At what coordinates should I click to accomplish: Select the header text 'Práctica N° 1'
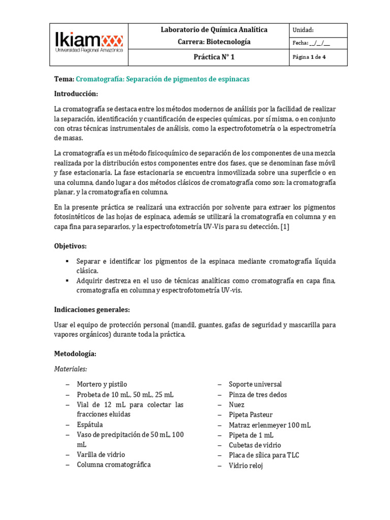(x=214, y=57)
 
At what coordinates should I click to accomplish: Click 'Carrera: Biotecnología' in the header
(x=214, y=42)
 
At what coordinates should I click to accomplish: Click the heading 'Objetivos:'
(x=71, y=246)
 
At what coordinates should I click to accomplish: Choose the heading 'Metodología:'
(x=75, y=353)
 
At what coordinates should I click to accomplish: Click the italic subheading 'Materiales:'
(x=71, y=369)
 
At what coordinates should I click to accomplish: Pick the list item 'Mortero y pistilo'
(x=102, y=384)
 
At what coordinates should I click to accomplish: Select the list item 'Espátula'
(x=90, y=425)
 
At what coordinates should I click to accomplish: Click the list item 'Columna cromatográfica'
(x=114, y=465)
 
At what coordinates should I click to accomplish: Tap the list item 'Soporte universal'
(x=255, y=384)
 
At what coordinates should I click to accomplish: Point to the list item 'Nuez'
(x=237, y=405)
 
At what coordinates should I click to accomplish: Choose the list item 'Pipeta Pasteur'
(x=250, y=415)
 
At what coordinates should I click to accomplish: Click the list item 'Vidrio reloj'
(x=246, y=465)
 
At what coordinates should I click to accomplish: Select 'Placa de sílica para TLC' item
(x=264, y=455)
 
